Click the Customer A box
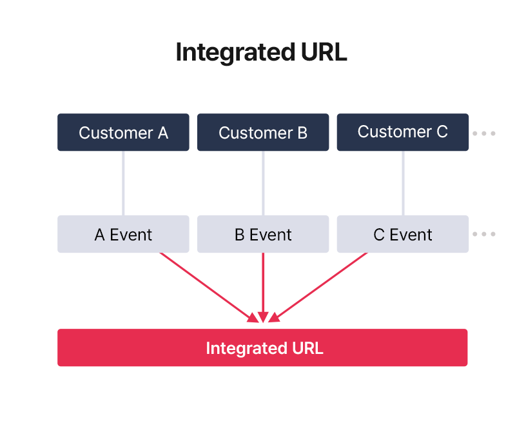[x=123, y=133]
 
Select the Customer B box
[x=263, y=133]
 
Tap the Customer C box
[x=403, y=132]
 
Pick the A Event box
[x=123, y=234]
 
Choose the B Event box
[x=263, y=234]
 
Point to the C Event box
[x=403, y=234]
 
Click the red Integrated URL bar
[x=262, y=348]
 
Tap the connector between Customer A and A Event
[x=123, y=183]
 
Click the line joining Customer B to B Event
[x=263, y=183]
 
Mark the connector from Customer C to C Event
[x=404, y=183]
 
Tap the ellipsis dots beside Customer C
[x=483, y=133]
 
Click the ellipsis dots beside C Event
[x=483, y=234]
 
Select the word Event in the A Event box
[x=131, y=235]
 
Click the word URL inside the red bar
[x=307, y=349]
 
